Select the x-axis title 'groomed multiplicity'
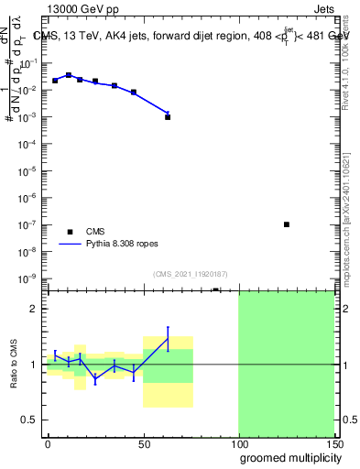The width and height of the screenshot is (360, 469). click(287, 457)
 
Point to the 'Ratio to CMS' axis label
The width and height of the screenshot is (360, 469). click(15, 364)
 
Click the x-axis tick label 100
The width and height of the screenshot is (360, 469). click(238, 443)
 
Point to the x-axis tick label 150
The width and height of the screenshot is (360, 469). click(333, 443)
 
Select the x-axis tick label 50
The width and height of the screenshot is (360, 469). click(143, 443)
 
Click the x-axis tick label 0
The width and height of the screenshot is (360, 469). click(48, 443)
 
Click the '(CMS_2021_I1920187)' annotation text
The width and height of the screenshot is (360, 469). click(190, 274)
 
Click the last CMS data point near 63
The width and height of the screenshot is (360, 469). click(168, 117)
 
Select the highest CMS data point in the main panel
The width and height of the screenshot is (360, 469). click(69, 75)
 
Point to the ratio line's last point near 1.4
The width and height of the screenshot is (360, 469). click(168, 338)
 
